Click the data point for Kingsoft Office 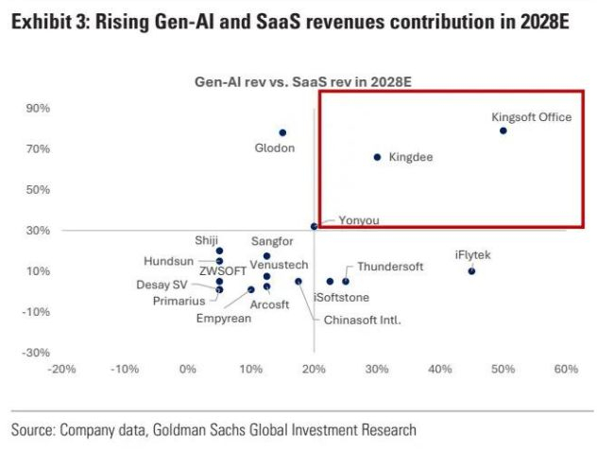coord(503,130)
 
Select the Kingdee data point coord(377,157)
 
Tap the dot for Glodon coord(282,132)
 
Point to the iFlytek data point coord(471,271)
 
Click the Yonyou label coord(359,220)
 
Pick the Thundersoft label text coord(390,268)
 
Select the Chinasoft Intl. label coord(363,320)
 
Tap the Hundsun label coord(170,261)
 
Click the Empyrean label coord(224,319)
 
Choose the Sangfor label coord(273,242)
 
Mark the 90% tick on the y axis coord(38,109)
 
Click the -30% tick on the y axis coord(37,353)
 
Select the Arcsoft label coord(269,304)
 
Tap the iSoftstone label coord(340,298)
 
